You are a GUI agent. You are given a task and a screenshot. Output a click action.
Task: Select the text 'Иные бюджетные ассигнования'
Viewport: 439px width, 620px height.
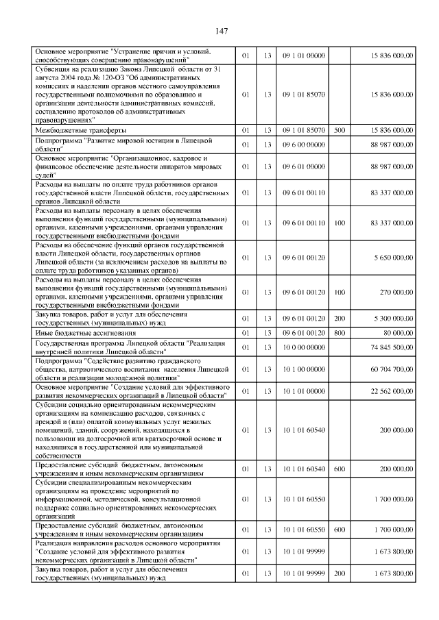coord(85,333)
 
